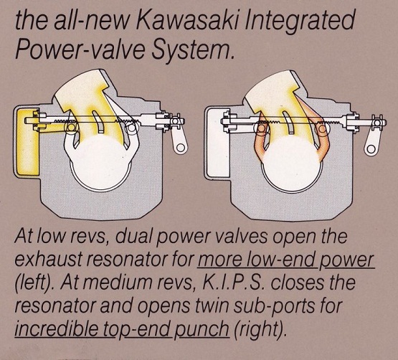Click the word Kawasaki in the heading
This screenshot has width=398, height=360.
pos(188,19)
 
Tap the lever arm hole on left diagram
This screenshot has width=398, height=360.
pos(181,148)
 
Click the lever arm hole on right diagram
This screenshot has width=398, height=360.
pos(371,148)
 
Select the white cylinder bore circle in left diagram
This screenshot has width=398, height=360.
pos(101,163)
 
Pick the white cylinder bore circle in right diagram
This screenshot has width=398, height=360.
pos(292,164)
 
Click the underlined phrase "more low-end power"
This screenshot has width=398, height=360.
pos(286,260)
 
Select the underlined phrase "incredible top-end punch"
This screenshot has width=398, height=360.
pos(122,329)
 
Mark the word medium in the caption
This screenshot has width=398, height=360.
pos(120,283)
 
